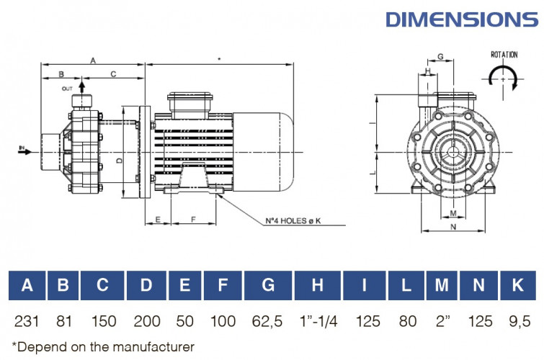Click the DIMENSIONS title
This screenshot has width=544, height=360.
461,18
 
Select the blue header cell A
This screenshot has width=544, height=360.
27,285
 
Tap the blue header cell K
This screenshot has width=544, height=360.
517,285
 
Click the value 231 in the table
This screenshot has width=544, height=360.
27,319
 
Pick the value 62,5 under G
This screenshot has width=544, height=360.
268,319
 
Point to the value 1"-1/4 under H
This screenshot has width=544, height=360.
317,319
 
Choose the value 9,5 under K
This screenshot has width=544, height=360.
517,319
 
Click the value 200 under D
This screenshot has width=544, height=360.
146,319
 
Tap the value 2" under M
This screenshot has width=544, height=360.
441,319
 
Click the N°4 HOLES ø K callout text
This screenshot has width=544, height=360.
291,220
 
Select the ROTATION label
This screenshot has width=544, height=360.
504,55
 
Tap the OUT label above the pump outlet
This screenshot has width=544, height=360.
68,89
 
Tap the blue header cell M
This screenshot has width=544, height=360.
441,285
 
